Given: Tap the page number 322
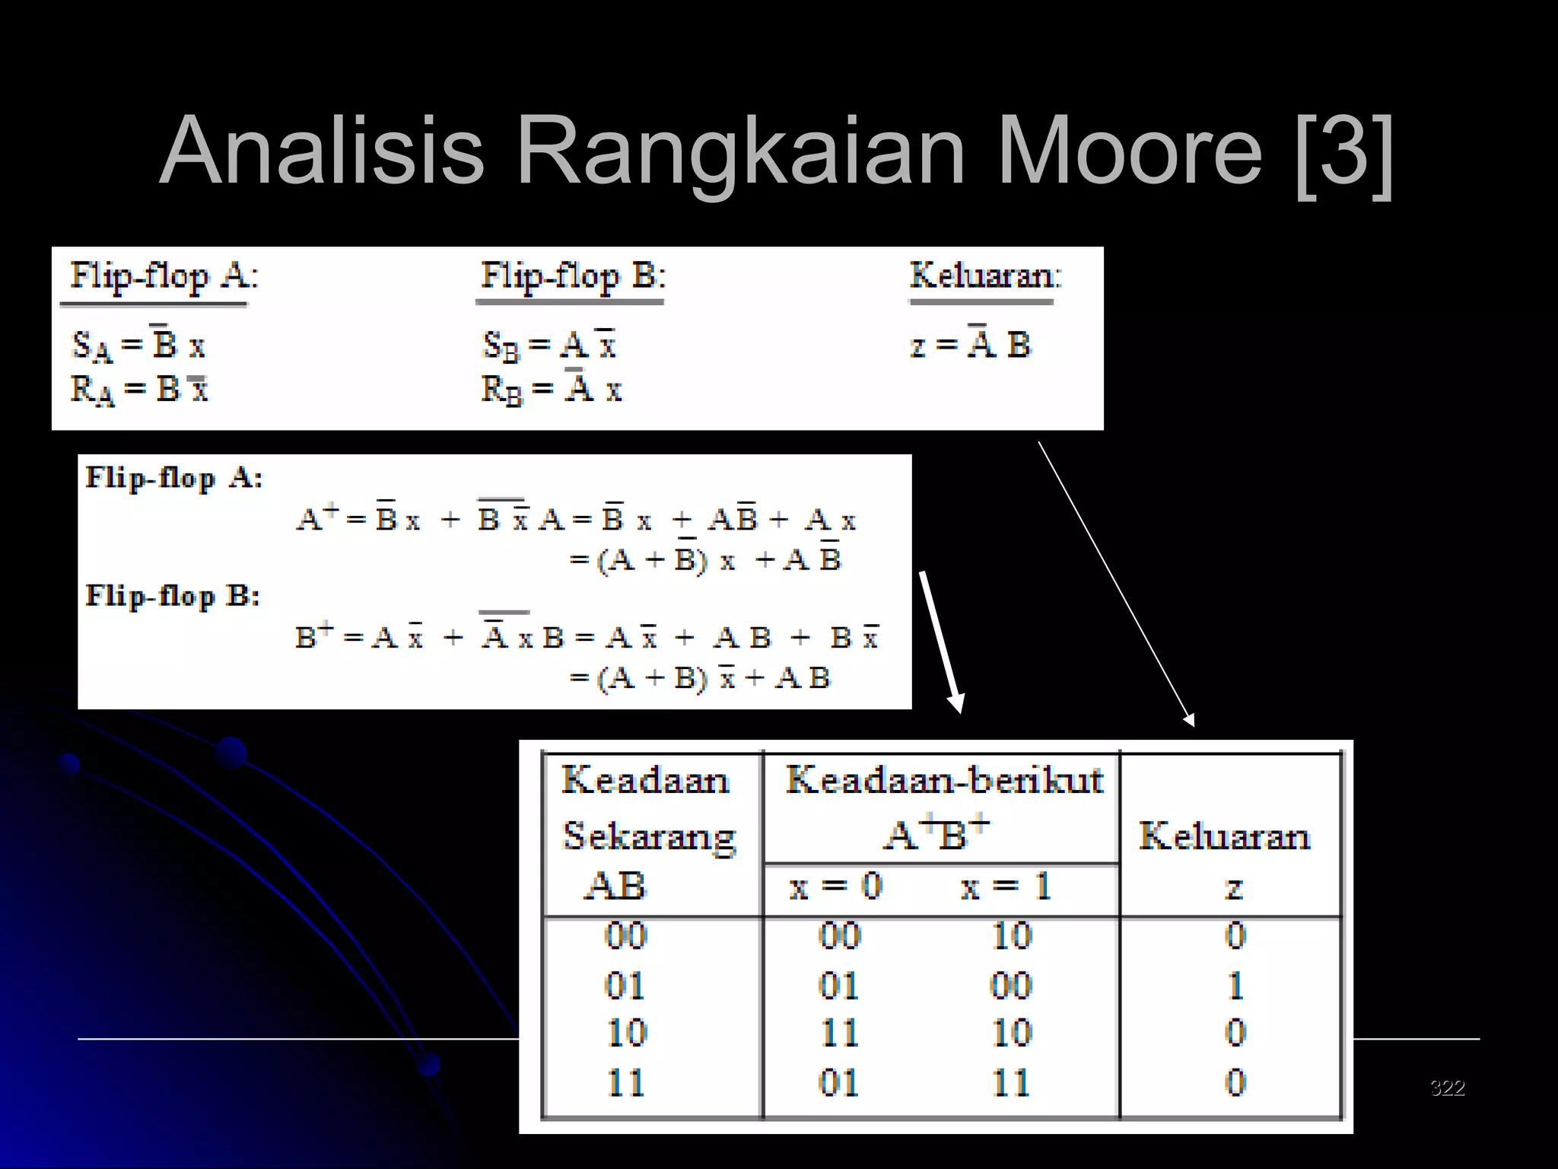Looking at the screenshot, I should (x=1447, y=1088).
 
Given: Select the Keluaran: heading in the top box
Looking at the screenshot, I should (x=985, y=276).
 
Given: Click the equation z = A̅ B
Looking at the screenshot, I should (x=970, y=345).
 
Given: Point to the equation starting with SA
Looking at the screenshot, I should (x=138, y=345).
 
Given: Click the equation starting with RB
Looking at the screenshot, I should (x=552, y=389).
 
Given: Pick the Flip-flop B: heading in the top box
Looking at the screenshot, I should (x=573, y=276).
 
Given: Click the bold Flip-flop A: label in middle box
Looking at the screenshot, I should (x=173, y=478).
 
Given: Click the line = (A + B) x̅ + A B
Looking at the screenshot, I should (x=700, y=677).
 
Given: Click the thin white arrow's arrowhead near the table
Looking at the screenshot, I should (x=1189, y=719).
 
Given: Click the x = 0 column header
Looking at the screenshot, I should (x=835, y=887).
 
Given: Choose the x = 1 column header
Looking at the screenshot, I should (x=1005, y=887).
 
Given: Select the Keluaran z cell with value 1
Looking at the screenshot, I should (x=1235, y=986).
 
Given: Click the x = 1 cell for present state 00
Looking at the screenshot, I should (x=1011, y=935).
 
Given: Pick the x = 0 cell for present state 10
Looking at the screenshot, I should (x=839, y=1034).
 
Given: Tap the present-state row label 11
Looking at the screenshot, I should (x=625, y=1082).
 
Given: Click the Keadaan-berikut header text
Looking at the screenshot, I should (x=943, y=780).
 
